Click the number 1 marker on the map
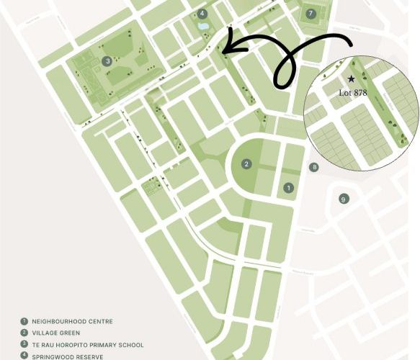(x=289, y=188)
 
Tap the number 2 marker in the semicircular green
(x=246, y=164)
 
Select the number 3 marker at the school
(x=107, y=61)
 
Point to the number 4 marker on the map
(x=202, y=14)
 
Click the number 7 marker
(x=310, y=14)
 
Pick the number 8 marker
(x=313, y=167)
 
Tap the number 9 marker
(x=344, y=199)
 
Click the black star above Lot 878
(x=351, y=78)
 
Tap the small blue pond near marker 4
(x=202, y=27)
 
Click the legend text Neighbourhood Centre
(x=73, y=321)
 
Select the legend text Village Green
(x=61, y=333)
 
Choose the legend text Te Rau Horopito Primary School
(x=88, y=345)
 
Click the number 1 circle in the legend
(x=24, y=321)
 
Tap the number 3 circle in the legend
(x=24, y=345)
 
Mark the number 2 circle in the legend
(x=24, y=333)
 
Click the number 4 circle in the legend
(x=24, y=356)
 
